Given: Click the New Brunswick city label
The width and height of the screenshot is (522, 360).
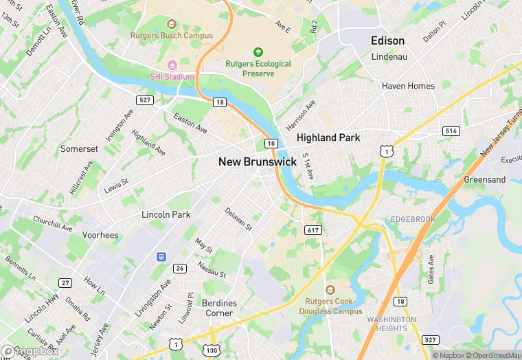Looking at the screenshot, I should pos(258,162).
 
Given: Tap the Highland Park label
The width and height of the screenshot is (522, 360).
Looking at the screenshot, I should pos(328,137).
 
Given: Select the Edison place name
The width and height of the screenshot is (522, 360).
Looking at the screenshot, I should pos(387,41).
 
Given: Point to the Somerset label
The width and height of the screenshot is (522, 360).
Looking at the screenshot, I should pos(79,148).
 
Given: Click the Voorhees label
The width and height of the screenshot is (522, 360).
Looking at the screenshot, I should pos(100,235).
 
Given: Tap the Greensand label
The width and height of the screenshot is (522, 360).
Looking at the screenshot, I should pos(484,179).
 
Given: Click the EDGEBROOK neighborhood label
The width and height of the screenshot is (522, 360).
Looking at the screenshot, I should pos(413,219).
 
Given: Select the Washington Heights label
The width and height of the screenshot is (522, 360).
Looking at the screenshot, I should pos(391,324).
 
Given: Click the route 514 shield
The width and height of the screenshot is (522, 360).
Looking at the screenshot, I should pos(451,131).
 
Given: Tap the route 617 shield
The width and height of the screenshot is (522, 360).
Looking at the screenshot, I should pos(313,230).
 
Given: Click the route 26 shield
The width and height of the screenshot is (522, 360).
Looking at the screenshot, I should pos(180,268).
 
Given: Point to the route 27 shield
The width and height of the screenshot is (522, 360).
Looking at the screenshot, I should pos(66,282).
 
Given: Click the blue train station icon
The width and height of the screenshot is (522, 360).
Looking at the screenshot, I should pos(162,257).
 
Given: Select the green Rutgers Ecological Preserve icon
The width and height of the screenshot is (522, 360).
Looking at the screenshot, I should pos(258,52).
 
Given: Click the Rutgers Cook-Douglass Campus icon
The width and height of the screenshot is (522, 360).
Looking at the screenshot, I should pos(330,289).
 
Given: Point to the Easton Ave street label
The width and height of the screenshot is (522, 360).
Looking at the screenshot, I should pos(190,123).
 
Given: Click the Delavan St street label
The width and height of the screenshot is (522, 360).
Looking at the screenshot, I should pos(238,218).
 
